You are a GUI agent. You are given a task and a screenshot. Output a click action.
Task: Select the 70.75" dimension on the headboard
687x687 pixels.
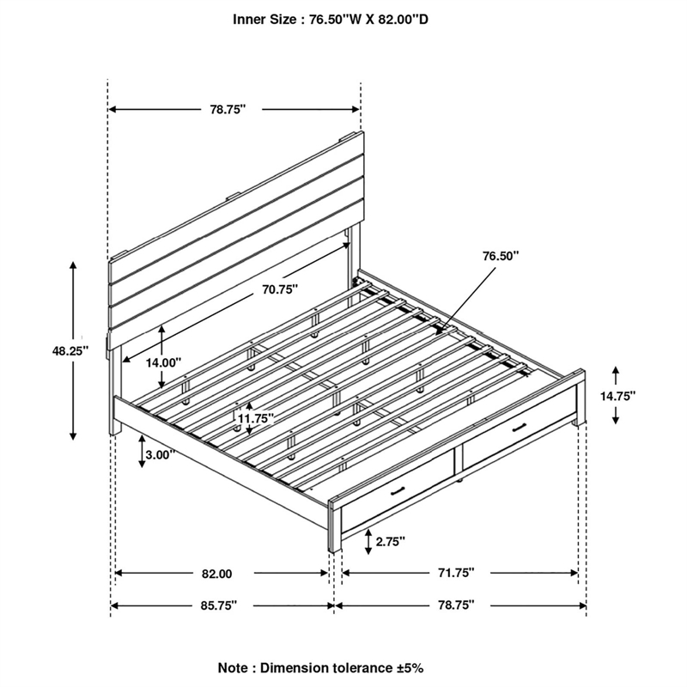point(281,289)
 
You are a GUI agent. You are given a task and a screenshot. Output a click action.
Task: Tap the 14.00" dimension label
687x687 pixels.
point(163,362)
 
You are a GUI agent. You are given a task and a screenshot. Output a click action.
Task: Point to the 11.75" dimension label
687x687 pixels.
point(255,418)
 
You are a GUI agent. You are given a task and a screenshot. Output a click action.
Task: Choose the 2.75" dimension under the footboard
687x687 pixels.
point(390,541)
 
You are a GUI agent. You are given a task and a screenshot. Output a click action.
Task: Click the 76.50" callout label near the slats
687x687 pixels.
point(501,255)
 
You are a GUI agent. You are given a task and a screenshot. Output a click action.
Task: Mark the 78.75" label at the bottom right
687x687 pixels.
point(453,605)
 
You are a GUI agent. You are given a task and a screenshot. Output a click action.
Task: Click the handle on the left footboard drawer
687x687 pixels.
point(398,491)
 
